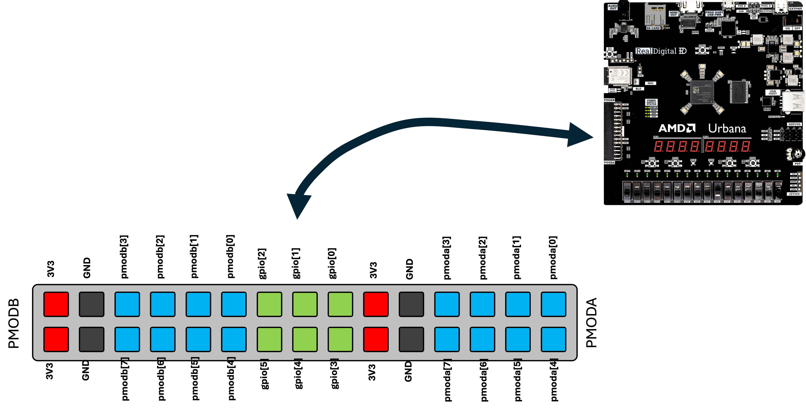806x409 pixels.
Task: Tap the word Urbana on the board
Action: [x=727, y=128]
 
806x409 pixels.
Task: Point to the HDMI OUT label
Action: [x=674, y=14]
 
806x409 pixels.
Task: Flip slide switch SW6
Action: [x=718, y=190]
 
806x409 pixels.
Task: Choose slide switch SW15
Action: [x=627, y=190]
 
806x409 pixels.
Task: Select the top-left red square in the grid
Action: [x=56, y=304]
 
